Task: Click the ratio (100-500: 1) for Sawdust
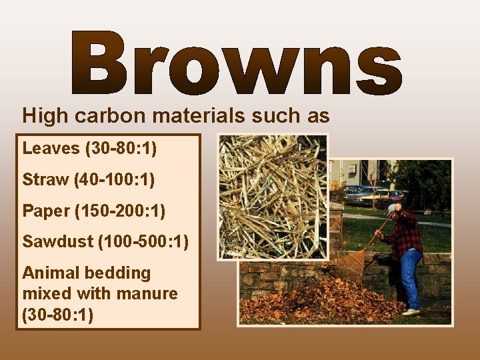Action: [143, 241]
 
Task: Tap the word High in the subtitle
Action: [45, 116]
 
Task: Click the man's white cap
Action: [393, 209]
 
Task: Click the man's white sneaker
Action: [411, 311]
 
